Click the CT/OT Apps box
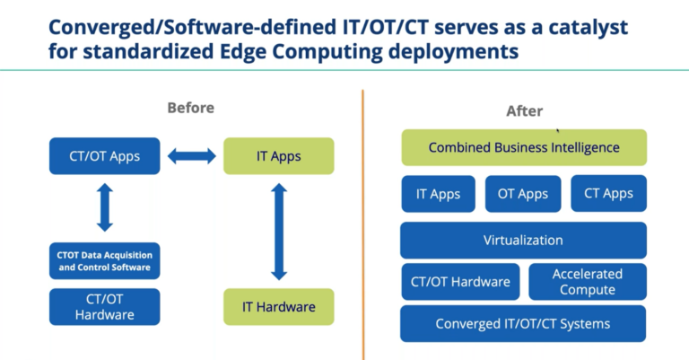click(x=104, y=156)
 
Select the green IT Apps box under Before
click(x=278, y=156)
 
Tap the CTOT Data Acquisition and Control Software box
click(x=104, y=260)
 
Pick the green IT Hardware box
click(x=278, y=307)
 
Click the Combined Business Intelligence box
click(x=523, y=147)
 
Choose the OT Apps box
click(x=522, y=194)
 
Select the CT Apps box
click(x=607, y=194)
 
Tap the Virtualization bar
click(x=523, y=241)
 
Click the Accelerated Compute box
click(x=587, y=282)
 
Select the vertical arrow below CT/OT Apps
click(x=105, y=206)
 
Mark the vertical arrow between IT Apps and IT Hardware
click(x=278, y=231)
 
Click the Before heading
click(x=190, y=108)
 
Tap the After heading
click(x=524, y=111)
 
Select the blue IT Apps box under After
click(x=439, y=194)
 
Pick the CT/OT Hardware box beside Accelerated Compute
click(x=460, y=282)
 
